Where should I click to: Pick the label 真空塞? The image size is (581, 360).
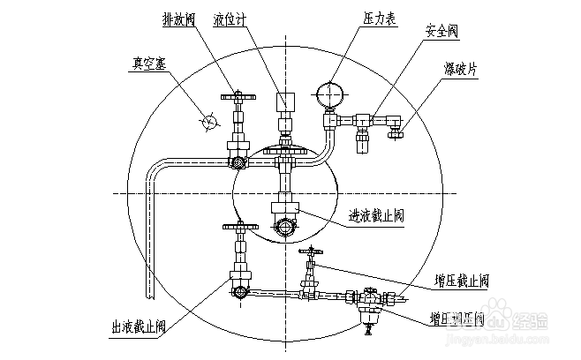coord(148,64)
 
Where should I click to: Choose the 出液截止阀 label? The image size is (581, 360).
coord(142,326)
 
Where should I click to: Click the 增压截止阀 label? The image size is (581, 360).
coord(461,281)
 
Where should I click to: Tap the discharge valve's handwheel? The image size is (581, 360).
coord(234,97)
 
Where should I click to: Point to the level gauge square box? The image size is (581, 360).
coord(284,101)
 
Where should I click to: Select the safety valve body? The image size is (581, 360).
coord(361,132)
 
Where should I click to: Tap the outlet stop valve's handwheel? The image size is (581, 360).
coord(238,228)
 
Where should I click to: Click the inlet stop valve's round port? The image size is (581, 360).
coord(285,227)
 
